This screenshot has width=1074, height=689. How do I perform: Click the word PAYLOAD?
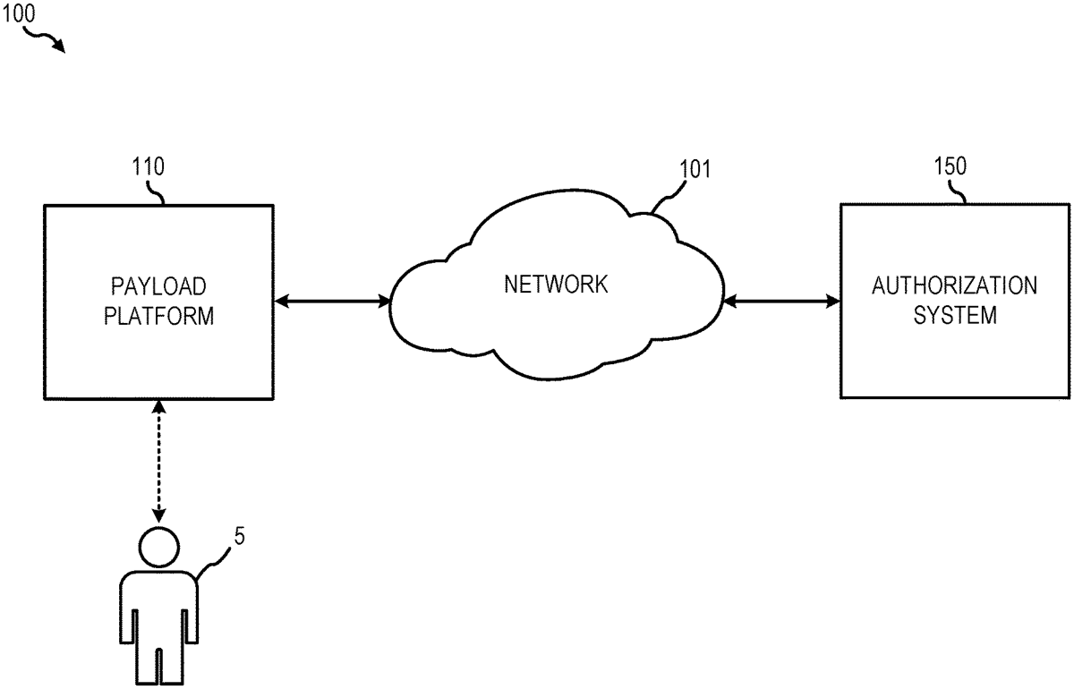pyautogui.click(x=158, y=287)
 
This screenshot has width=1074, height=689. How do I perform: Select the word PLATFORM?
pyautogui.click(x=158, y=316)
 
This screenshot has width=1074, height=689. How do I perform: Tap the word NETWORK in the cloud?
pyautogui.click(x=556, y=285)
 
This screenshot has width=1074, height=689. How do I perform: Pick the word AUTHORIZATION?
pyautogui.click(x=954, y=287)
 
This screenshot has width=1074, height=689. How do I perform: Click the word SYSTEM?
pyautogui.click(x=954, y=316)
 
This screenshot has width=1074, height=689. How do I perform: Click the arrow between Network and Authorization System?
pyautogui.click(x=780, y=302)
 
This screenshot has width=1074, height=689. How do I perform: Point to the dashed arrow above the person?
pyautogui.click(x=158, y=461)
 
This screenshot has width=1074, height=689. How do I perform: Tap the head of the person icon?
pyautogui.click(x=158, y=546)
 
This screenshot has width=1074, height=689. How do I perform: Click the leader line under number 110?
pyautogui.click(x=158, y=192)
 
